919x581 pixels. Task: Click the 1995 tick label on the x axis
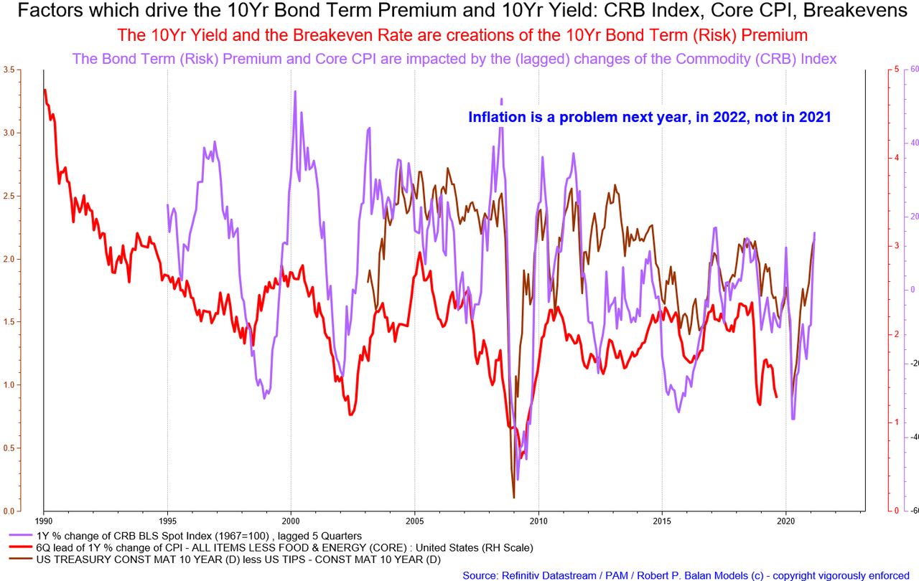[x=167, y=521]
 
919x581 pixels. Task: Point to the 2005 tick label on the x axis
[x=415, y=521]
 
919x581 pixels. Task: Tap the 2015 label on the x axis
[x=662, y=521]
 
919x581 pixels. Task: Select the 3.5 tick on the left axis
[x=9, y=70]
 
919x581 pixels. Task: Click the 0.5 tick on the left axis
[x=9, y=448]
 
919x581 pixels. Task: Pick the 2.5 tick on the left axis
[x=9, y=196]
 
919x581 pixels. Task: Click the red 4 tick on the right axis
[x=897, y=158]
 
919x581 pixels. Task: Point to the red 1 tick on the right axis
[x=897, y=422]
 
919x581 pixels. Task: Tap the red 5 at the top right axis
[x=897, y=70]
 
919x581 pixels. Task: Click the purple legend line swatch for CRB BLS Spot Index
[x=21, y=536]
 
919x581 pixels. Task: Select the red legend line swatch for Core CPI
[x=21, y=547]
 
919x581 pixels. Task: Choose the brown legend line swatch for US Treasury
[x=21, y=559]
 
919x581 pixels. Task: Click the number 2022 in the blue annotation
[x=729, y=117]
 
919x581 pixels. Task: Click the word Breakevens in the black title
[x=855, y=11]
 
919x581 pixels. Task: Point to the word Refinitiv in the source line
[x=517, y=575]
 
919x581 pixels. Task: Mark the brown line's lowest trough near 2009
[x=513, y=497]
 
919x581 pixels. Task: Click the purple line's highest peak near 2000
[x=295, y=92]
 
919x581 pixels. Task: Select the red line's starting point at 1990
[x=45, y=90]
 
